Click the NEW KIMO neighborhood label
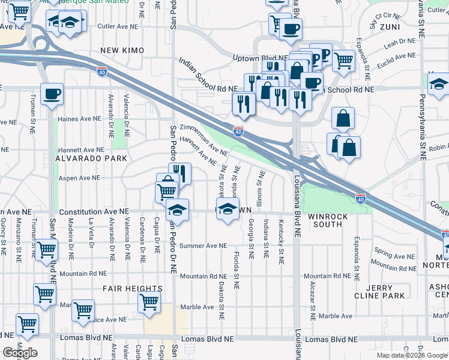click(x=120, y=50)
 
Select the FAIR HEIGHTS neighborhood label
click(x=133, y=289)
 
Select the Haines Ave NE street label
click(x=77, y=119)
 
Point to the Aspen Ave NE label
click(x=78, y=178)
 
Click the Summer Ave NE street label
click(x=203, y=245)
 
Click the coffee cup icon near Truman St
click(x=52, y=94)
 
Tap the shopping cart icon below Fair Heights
click(x=149, y=303)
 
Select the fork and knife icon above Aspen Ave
click(x=180, y=173)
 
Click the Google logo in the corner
click(x=20, y=353)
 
